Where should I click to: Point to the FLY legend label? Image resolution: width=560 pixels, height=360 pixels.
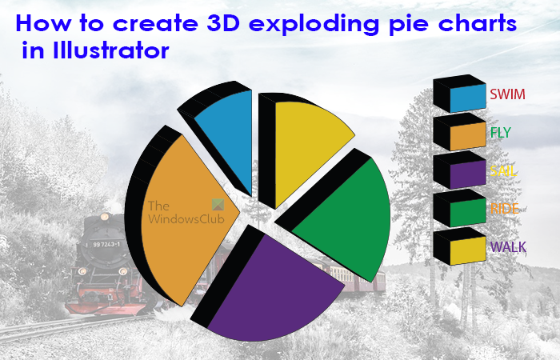[x=500, y=132]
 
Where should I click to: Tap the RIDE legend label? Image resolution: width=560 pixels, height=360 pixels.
[x=504, y=208]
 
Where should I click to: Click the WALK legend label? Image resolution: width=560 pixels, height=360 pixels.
[x=507, y=246]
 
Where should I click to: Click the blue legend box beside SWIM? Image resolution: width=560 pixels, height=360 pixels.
[x=467, y=98]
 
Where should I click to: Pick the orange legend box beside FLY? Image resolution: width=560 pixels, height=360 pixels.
[x=467, y=137]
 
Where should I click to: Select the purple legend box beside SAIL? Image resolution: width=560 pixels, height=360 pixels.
[x=467, y=175]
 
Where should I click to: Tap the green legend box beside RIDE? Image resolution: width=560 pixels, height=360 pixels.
[x=467, y=213]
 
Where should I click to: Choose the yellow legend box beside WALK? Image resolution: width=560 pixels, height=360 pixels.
[x=467, y=251]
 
